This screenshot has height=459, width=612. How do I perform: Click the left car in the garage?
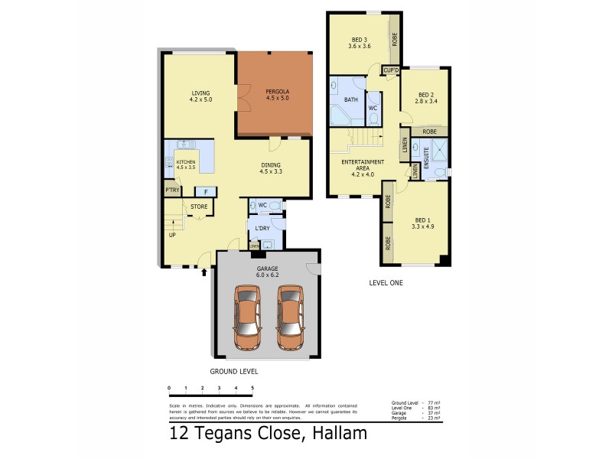[246, 317]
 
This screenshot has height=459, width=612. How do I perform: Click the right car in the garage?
[289, 317]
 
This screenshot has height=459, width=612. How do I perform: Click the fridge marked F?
[205, 192]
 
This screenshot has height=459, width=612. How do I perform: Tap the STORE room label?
[199, 207]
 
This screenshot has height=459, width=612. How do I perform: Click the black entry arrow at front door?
[203, 271]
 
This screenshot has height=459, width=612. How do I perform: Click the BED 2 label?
[425, 96]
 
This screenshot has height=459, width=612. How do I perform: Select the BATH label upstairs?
[351, 99]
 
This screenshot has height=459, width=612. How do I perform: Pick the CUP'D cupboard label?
[391, 70]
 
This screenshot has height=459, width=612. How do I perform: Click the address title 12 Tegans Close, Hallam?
[268, 434]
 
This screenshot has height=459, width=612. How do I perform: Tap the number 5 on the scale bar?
[252, 389]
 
